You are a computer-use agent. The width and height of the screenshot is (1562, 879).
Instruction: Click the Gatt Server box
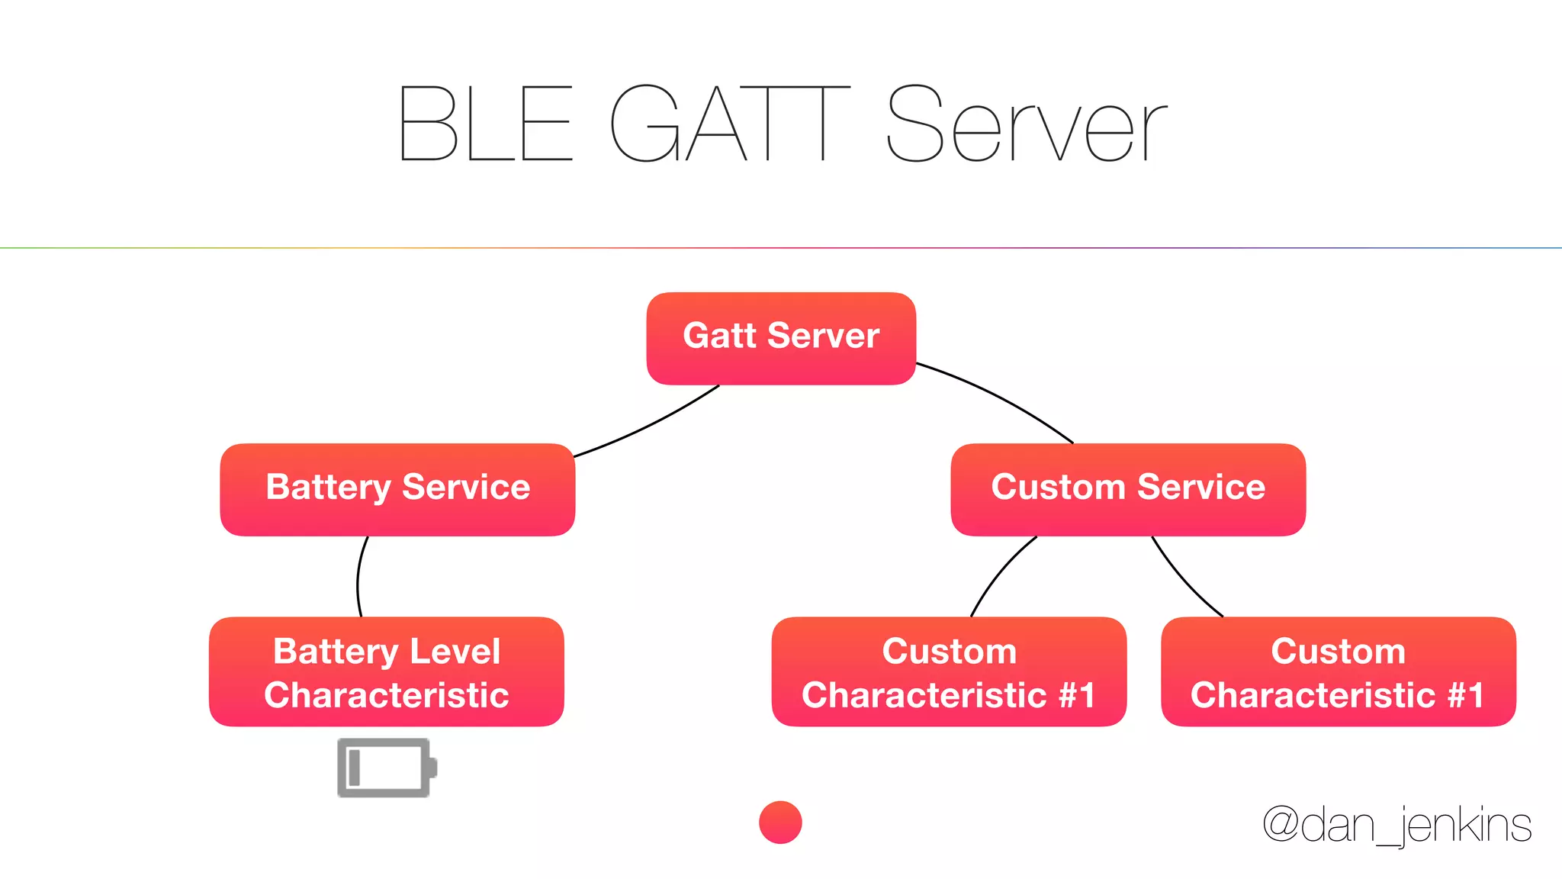click(x=781, y=338)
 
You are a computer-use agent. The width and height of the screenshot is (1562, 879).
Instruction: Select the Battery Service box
click(x=397, y=489)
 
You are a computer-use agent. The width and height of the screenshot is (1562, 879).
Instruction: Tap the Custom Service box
click(x=1128, y=489)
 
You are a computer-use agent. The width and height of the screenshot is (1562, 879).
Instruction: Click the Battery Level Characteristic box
click(x=387, y=671)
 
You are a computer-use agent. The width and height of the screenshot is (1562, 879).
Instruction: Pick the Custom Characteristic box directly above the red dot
click(x=949, y=671)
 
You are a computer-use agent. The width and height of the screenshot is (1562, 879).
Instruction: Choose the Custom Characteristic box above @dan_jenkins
click(x=1338, y=671)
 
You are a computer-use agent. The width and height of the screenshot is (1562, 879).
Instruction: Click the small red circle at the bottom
click(x=780, y=823)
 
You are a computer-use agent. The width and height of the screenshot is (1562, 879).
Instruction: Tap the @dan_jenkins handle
click(x=1396, y=826)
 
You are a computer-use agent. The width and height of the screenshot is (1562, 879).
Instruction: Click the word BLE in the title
click(x=485, y=124)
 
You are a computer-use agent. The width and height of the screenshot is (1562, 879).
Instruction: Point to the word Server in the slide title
click(x=1027, y=124)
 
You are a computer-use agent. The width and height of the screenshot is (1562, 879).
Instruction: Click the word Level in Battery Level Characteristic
click(x=455, y=651)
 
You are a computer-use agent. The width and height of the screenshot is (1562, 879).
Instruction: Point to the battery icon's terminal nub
click(x=432, y=768)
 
